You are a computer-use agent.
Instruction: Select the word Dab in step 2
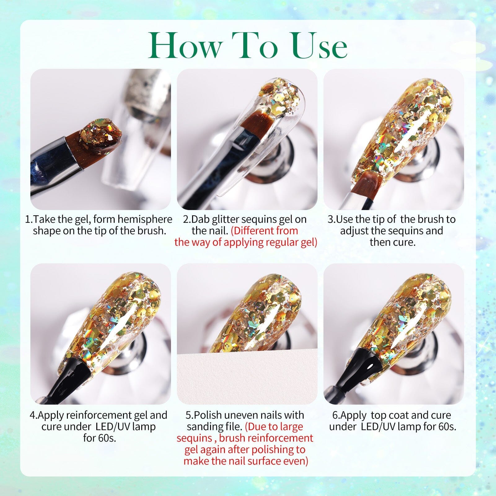[x=200, y=219]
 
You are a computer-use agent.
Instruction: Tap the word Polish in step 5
[x=208, y=415]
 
